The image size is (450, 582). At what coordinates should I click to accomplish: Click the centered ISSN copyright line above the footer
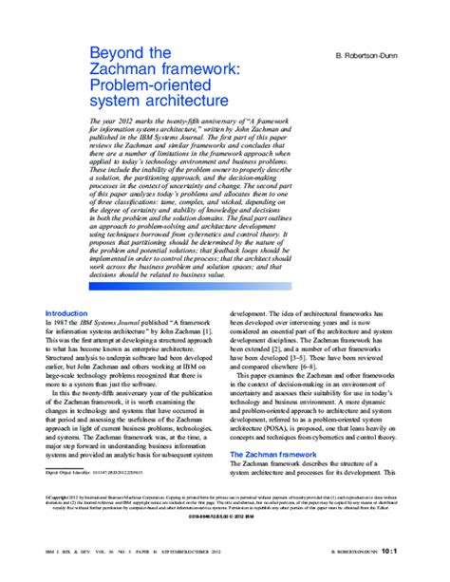[x=225, y=518]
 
